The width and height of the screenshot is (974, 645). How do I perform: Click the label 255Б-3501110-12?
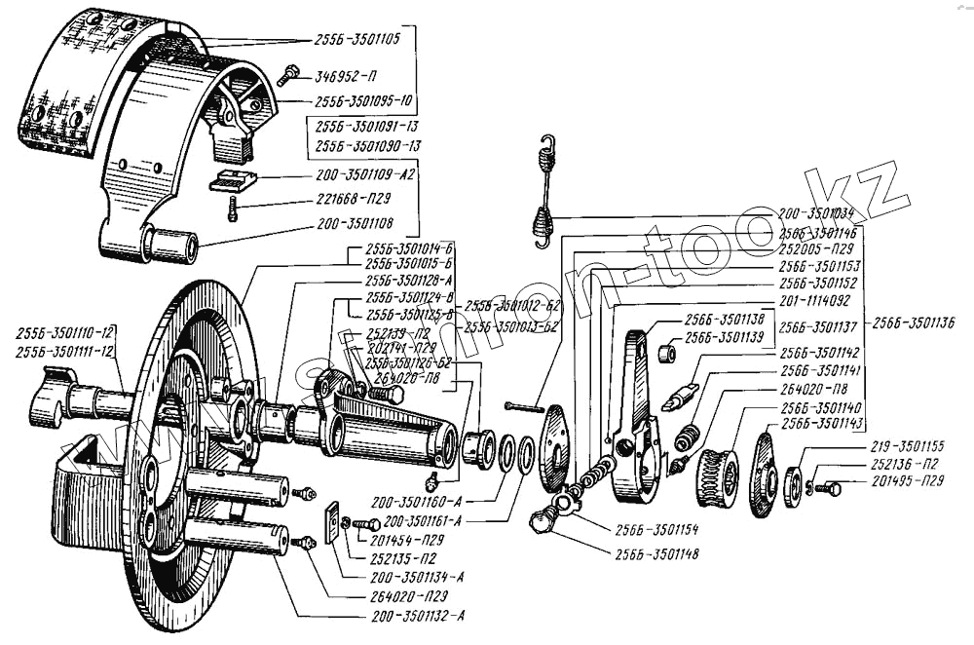[x=65, y=332]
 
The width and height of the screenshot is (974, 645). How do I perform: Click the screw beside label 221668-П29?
[x=232, y=208]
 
